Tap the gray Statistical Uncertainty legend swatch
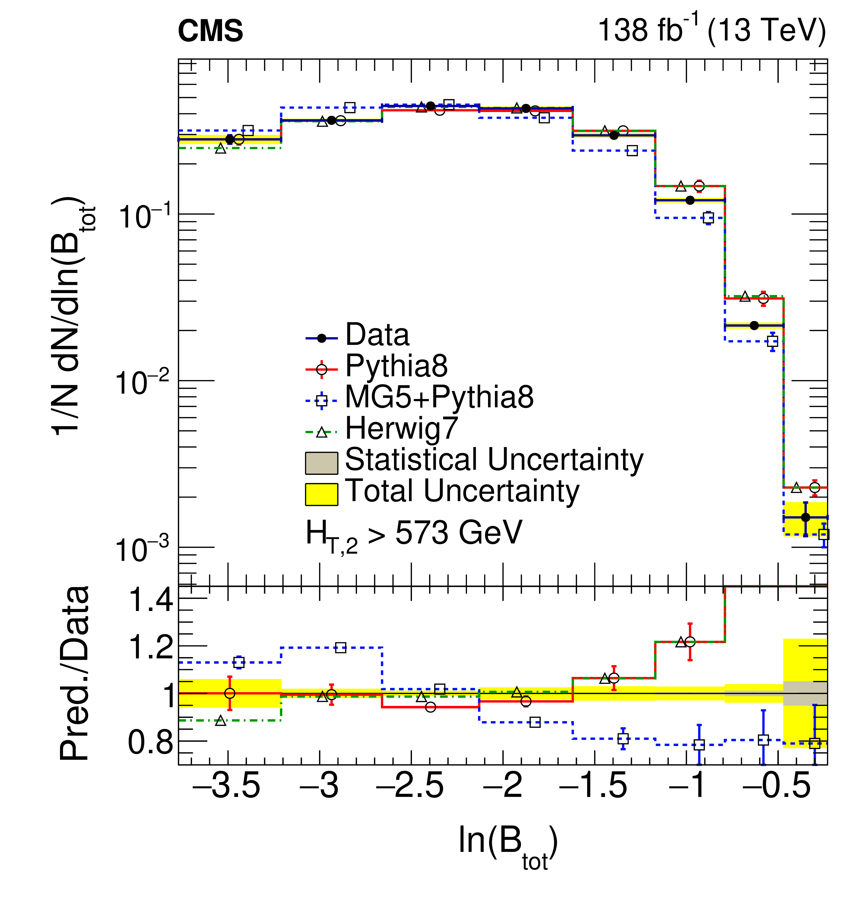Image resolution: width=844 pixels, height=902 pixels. coord(321,463)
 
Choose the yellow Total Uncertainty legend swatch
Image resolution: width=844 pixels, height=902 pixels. coord(321,494)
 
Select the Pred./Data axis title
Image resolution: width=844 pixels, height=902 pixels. coord(75,673)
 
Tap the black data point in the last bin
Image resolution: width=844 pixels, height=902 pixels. coord(805,517)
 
